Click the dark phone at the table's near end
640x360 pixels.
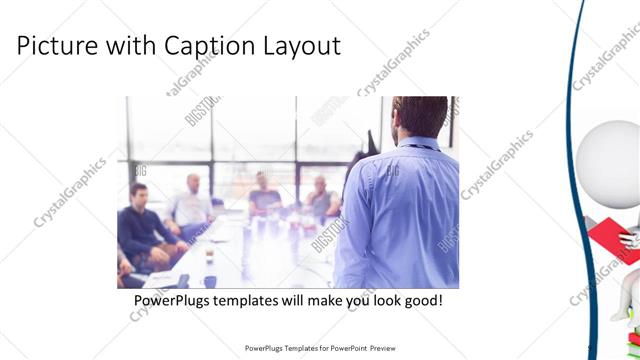[x=183, y=281]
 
